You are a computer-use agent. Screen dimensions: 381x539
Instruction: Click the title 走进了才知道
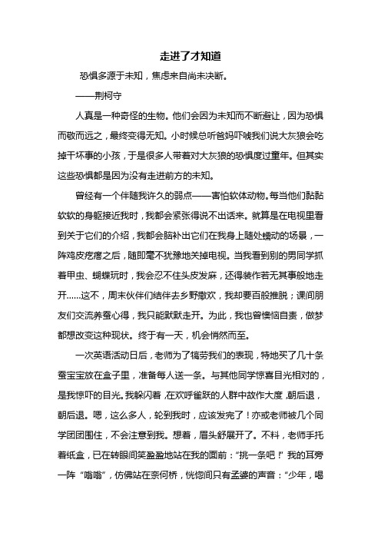pyautogui.click(x=190, y=56)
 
